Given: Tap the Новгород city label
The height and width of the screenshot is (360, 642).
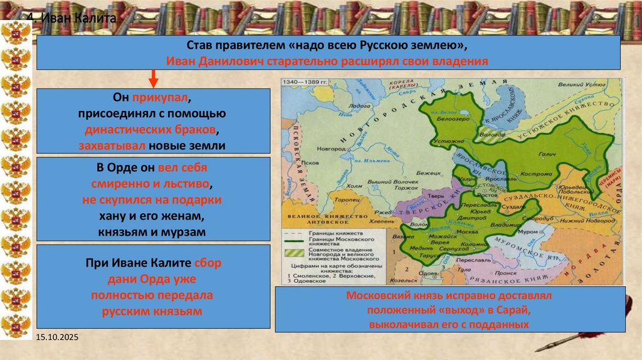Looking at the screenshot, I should tap(331, 149).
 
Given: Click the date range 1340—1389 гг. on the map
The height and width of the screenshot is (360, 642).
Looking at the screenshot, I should tap(305, 82).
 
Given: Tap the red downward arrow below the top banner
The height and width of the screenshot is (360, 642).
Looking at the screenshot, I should tap(153, 80).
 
